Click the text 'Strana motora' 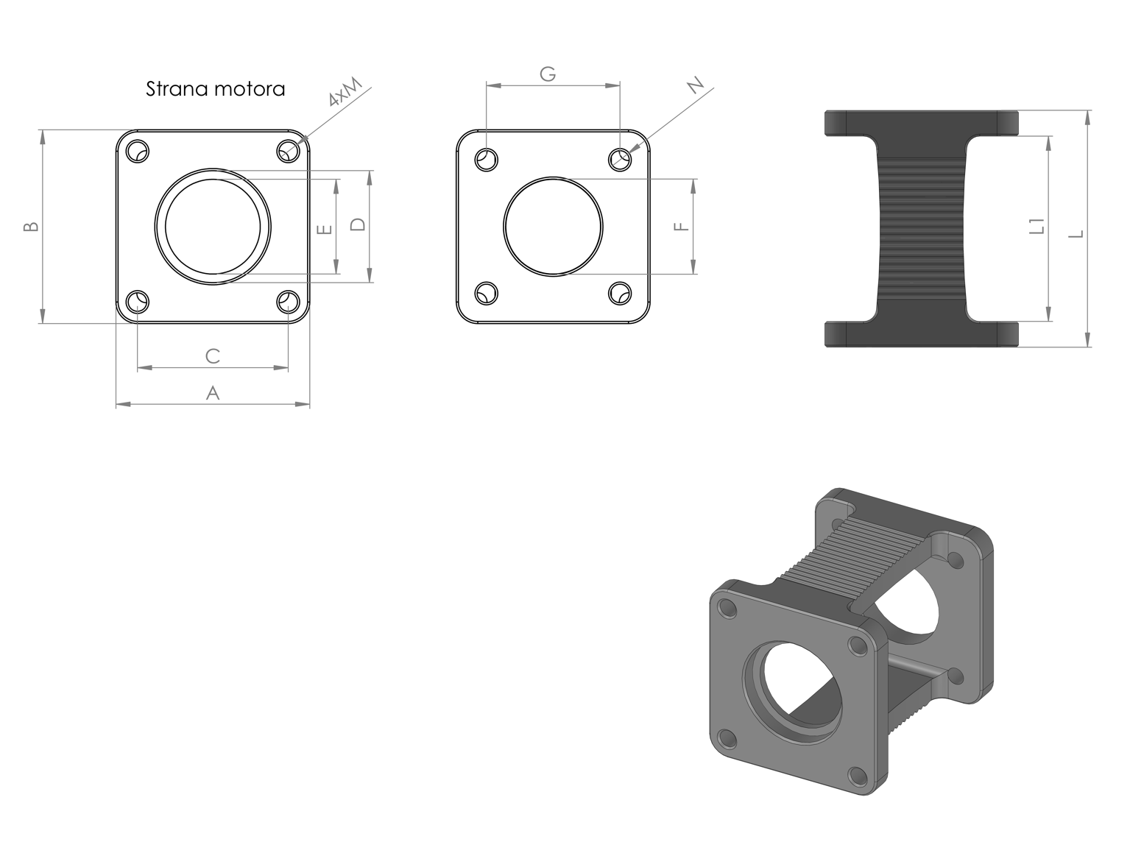(x=215, y=88)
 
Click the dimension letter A (x=213, y=393)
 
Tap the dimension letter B (x=32, y=227)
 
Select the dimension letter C (x=213, y=355)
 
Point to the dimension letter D (x=358, y=224)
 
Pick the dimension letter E (x=325, y=230)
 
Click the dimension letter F (x=682, y=227)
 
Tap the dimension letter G (x=548, y=74)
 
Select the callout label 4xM (x=345, y=92)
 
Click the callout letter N (x=696, y=85)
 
